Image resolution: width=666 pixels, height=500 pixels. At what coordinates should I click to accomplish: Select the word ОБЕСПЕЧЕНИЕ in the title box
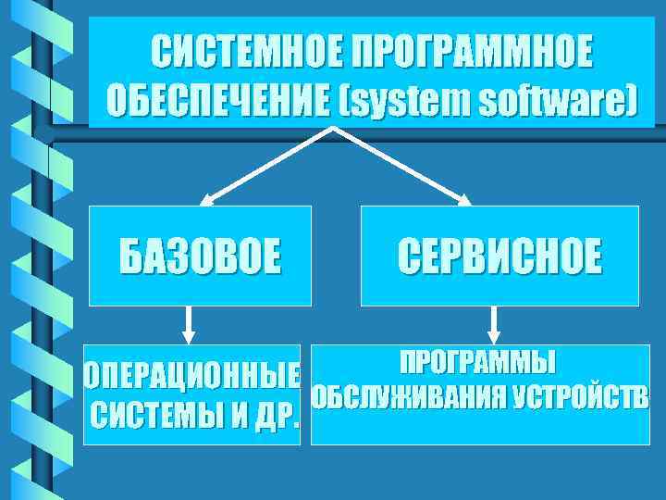point(216,99)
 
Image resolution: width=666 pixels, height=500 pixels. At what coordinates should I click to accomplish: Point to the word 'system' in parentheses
point(409,99)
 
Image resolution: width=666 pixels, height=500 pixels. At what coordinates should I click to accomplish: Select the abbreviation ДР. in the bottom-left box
point(276,418)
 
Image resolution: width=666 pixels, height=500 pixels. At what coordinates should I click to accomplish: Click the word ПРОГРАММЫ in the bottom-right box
point(478,360)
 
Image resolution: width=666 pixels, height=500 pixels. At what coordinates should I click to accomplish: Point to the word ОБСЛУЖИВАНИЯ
point(407,398)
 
